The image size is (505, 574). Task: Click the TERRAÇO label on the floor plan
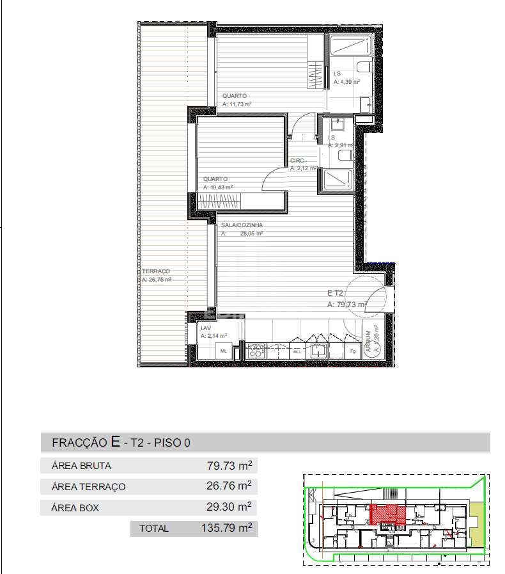tap(156, 271)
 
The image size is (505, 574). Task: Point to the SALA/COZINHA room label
tap(242, 225)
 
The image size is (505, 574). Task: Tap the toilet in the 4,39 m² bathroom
tap(363, 67)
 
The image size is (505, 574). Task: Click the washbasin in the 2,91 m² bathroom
tap(339, 124)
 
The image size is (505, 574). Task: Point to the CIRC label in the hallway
tap(297, 161)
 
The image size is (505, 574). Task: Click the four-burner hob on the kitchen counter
tap(256, 351)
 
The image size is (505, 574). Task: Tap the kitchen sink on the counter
tap(317, 351)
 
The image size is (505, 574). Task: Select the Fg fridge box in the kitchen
tap(352, 351)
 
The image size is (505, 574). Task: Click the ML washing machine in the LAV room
tap(224, 351)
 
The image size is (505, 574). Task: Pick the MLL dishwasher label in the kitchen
tap(297, 351)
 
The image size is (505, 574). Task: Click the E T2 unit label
tap(337, 294)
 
